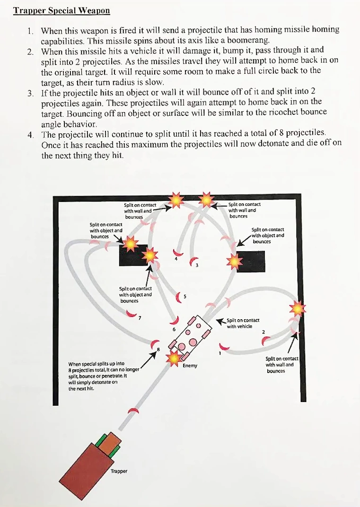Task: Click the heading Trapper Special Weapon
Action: pyautogui.click(x=61, y=10)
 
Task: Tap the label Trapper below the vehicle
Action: pyautogui.click(x=119, y=471)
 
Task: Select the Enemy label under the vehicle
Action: pyautogui.click(x=190, y=366)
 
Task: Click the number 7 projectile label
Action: pyautogui.click(x=140, y=317)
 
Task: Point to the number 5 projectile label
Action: pyautogui.click(x=184, y=297)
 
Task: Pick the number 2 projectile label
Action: pyautogui.click(x=263, y=332)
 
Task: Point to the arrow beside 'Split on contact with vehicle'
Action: pyautogui.click(x=220, y=321)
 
